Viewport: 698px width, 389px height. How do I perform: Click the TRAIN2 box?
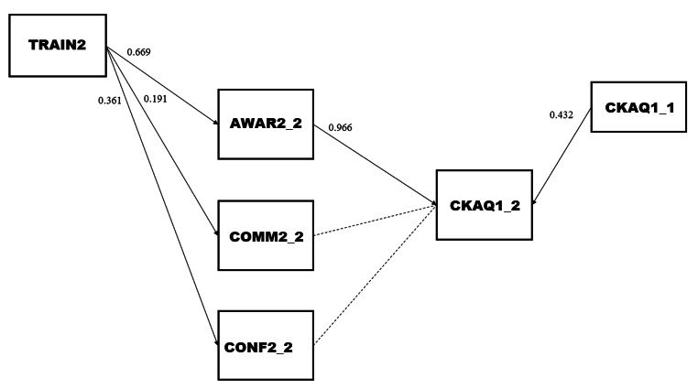tap(56, 44)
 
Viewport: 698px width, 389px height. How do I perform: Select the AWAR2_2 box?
tap(266, 125)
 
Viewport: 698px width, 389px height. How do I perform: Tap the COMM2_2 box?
tap(266, 236)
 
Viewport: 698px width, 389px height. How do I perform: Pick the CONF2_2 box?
tap(266, 345)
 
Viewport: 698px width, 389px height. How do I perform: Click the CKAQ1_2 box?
tap(484, 204)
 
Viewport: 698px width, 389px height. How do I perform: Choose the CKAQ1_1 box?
tap(638, 106)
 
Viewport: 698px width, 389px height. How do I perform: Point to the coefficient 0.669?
tap(139, 51)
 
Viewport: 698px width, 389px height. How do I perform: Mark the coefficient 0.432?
tap(561, 115)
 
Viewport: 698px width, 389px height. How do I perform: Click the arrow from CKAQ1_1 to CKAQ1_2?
tap(560, 155)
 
